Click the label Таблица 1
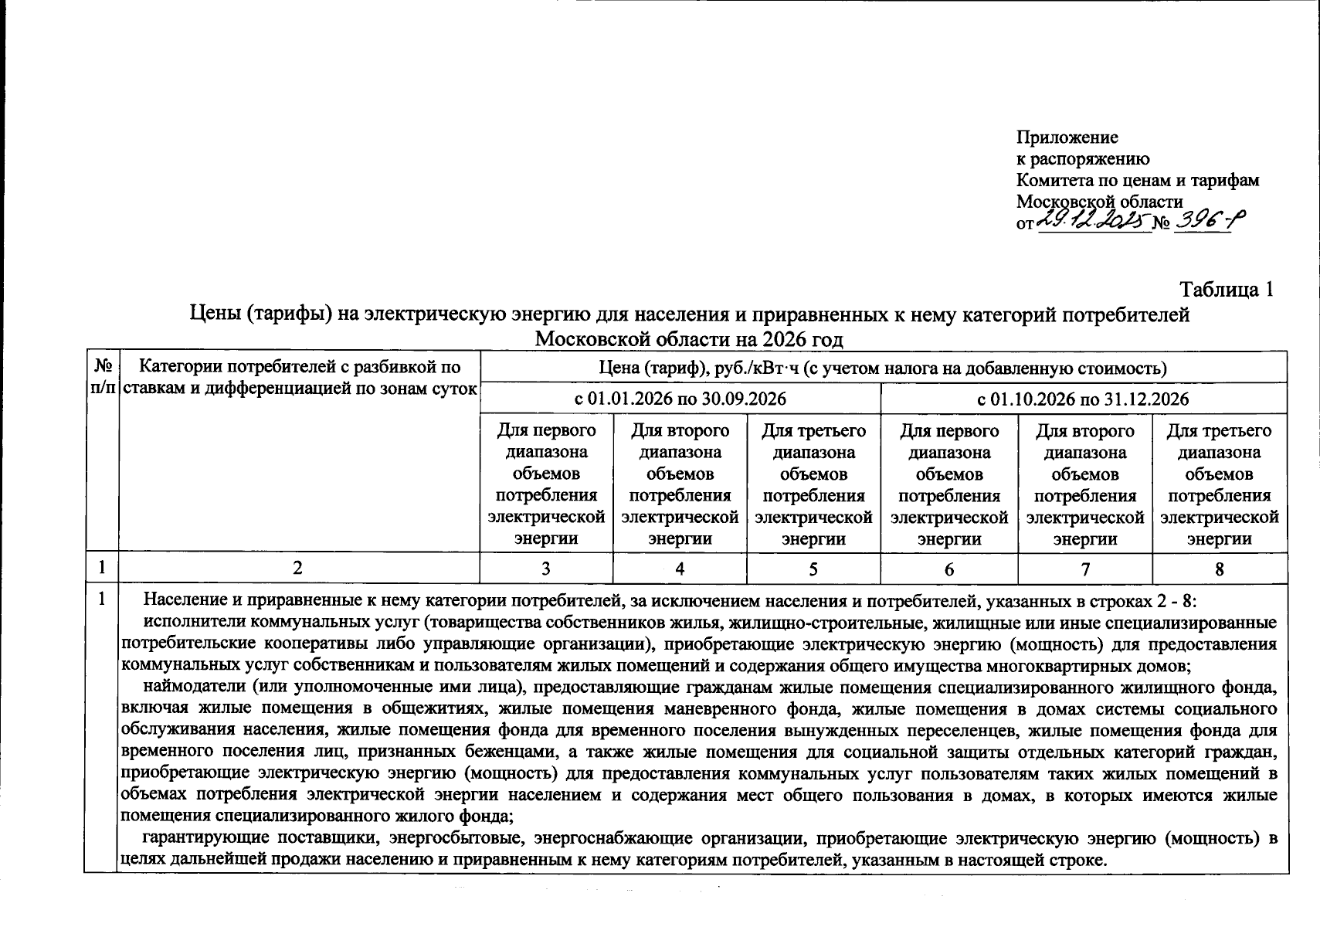(x=1225, y=290)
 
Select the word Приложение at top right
(x=1067, y=138)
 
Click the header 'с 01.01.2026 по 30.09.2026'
(x=680, y=399)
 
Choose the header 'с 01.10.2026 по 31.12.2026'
(x=1083, y=399)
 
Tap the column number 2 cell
(x=298, y=569)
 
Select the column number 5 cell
(x=813, y=569)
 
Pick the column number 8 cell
(x=1219, y=569)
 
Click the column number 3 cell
(x=546, y=569)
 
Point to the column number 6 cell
(x=948, y=569)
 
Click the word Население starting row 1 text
(x=182, y=600)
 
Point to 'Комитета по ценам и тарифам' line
(x=1137, y=180)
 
